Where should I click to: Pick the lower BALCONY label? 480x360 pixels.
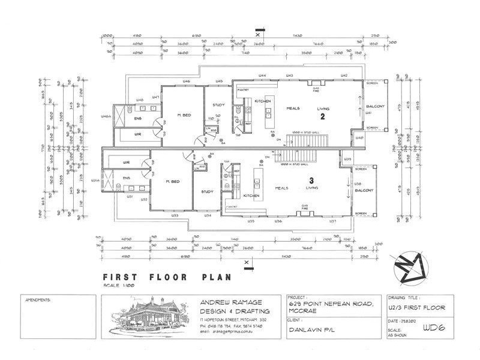tap(364, 190)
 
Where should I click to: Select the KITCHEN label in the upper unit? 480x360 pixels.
tap(263, 101)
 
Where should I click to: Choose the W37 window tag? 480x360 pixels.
tap(332, 221)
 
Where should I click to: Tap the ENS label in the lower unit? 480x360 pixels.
tap(127, 178)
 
